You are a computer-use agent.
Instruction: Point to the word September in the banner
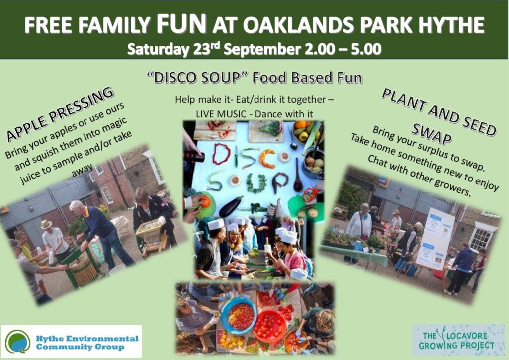(x=262, y=50)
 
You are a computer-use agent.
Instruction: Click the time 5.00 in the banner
(x=366, y=49)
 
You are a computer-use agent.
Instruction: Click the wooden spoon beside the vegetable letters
(x=298, y=176)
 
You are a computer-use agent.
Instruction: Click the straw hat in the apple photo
(x=46, y=224)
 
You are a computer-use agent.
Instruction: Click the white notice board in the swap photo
(x=435, y=239)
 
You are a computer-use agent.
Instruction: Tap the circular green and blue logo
(x=17, y=342)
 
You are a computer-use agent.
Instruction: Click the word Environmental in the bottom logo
(x=103, y=339)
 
